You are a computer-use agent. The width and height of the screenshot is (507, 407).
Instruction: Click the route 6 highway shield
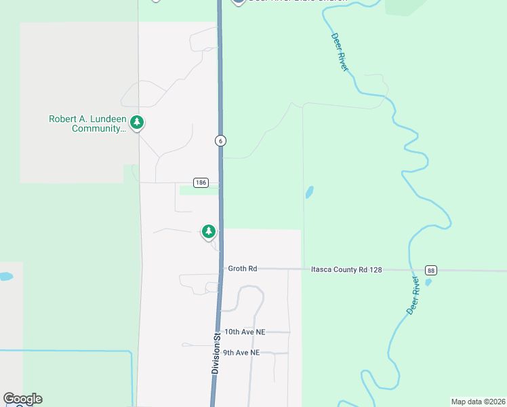point(220,140)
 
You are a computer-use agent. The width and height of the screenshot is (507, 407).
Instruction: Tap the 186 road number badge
point(200,182)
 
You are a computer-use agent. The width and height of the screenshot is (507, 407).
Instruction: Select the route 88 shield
point(430,270)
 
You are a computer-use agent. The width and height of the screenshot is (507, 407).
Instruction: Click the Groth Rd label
point(242,269)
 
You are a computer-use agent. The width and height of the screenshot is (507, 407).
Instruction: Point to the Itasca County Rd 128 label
point(346,269)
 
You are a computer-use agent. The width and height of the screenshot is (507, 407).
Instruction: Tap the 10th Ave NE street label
point(245,332)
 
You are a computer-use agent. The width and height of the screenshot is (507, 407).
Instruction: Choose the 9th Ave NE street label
point(242,353)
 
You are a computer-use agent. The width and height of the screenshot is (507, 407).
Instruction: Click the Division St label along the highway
point(216,353)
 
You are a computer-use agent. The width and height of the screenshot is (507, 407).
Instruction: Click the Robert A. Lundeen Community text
point(87,123)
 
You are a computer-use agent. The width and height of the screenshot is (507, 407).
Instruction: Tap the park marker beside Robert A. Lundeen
point(138,122)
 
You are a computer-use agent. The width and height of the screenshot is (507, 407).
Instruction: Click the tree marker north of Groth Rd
point(209,231)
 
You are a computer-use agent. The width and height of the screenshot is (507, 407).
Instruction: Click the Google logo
point(22,399)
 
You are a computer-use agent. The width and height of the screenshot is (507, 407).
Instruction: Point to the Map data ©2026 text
point(478,402)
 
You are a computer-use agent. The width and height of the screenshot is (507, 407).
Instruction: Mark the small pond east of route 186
point(310,192)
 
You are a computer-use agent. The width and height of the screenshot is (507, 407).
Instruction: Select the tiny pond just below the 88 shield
point(428,282)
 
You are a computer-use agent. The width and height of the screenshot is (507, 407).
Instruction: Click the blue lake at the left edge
point(5,277)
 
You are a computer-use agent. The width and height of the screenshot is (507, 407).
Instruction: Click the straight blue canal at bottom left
point(68,351)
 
